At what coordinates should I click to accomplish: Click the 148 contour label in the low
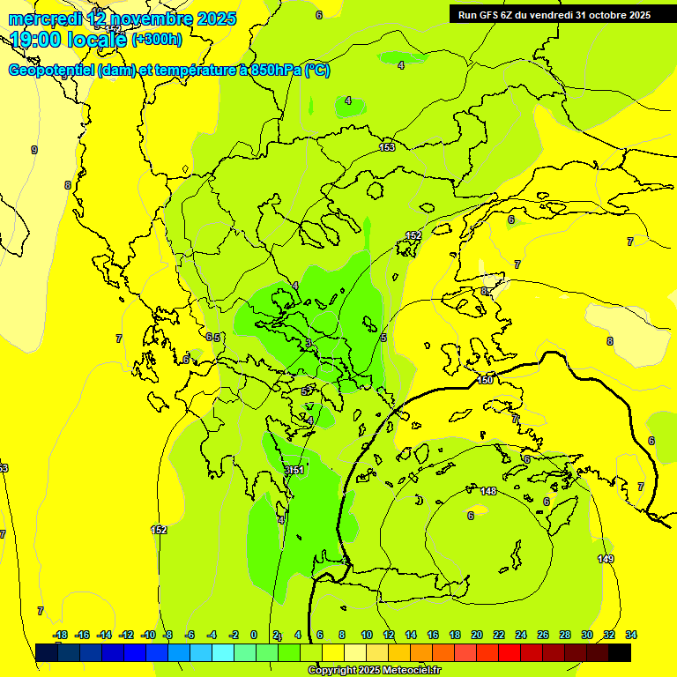point(489,491)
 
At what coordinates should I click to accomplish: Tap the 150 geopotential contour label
point(486,380)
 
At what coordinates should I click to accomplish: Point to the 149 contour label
point(606,560)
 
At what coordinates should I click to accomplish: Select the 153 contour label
point(387,147)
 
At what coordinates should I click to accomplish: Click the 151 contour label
point(297,470)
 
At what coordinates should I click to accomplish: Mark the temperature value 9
point(34,150)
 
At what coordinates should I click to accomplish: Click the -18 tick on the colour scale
point(60,635)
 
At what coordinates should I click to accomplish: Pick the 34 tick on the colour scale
point(630,635)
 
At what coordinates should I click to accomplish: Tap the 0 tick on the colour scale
point(254,635)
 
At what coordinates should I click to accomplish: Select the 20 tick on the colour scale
point(477,635)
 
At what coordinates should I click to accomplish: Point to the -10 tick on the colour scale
point(147,635)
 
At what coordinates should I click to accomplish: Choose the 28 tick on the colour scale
point(564,635)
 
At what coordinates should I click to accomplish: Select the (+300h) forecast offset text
point(157,39)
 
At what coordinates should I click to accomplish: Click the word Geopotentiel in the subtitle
point(52,71)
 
